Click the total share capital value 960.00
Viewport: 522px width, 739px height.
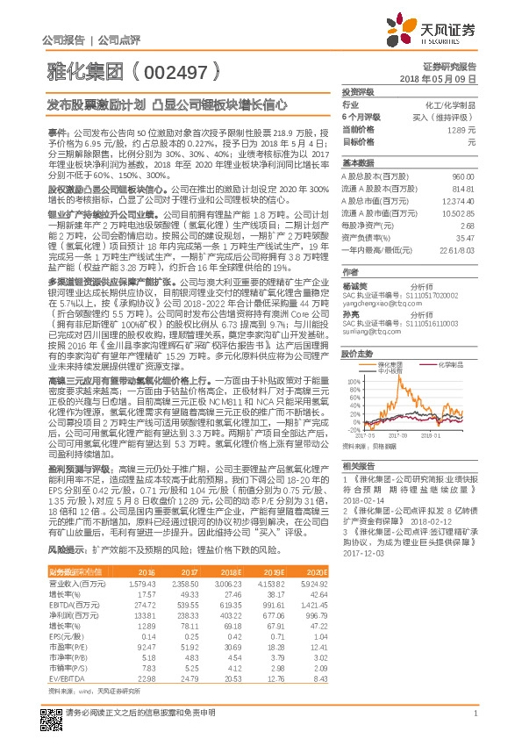coord(462,177)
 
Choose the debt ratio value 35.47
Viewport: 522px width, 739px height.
coord(466,237)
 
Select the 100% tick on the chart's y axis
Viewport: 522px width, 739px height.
coord(351,382)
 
